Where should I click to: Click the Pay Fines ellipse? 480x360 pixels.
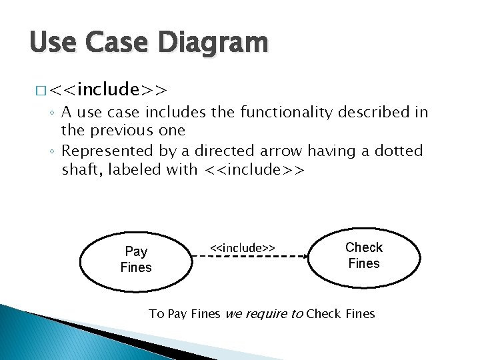click(136, 259)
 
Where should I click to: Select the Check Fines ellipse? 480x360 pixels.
click(364, 255)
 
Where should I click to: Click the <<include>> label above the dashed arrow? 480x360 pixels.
click(243, 247)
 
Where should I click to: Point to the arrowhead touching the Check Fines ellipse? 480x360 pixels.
click(302, 257)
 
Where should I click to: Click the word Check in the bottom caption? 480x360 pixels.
click(325, 313)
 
